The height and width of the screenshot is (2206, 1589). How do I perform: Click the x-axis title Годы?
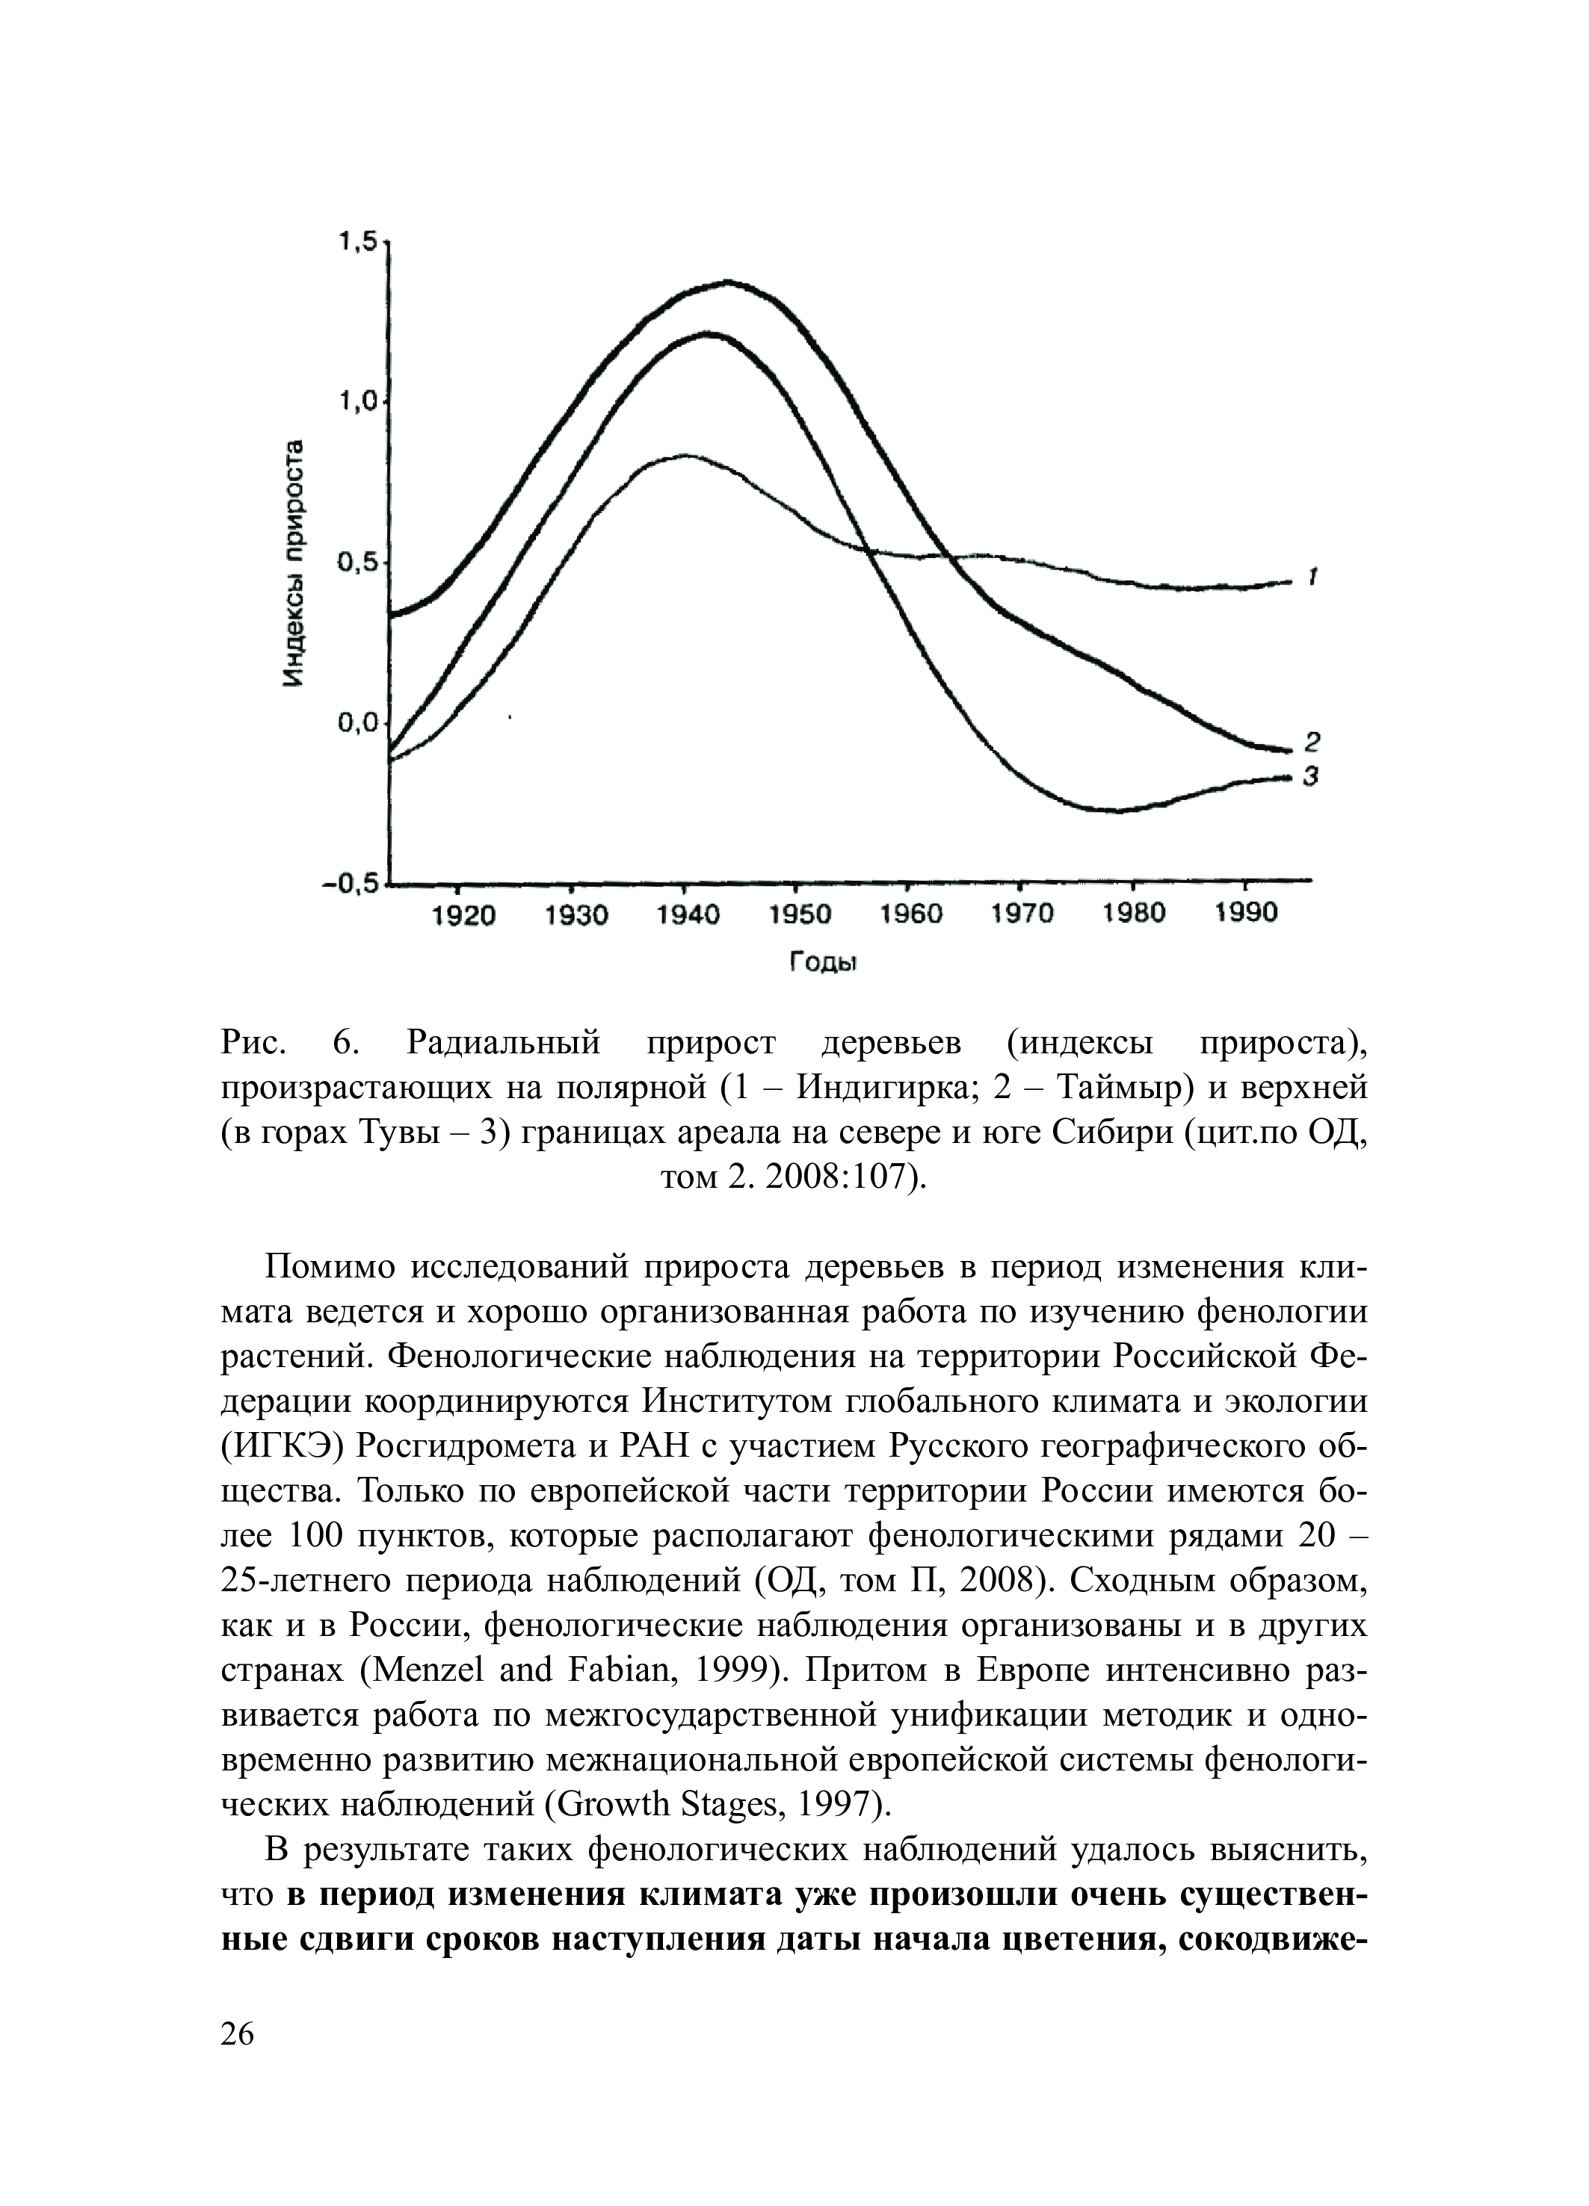(821, 963)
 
